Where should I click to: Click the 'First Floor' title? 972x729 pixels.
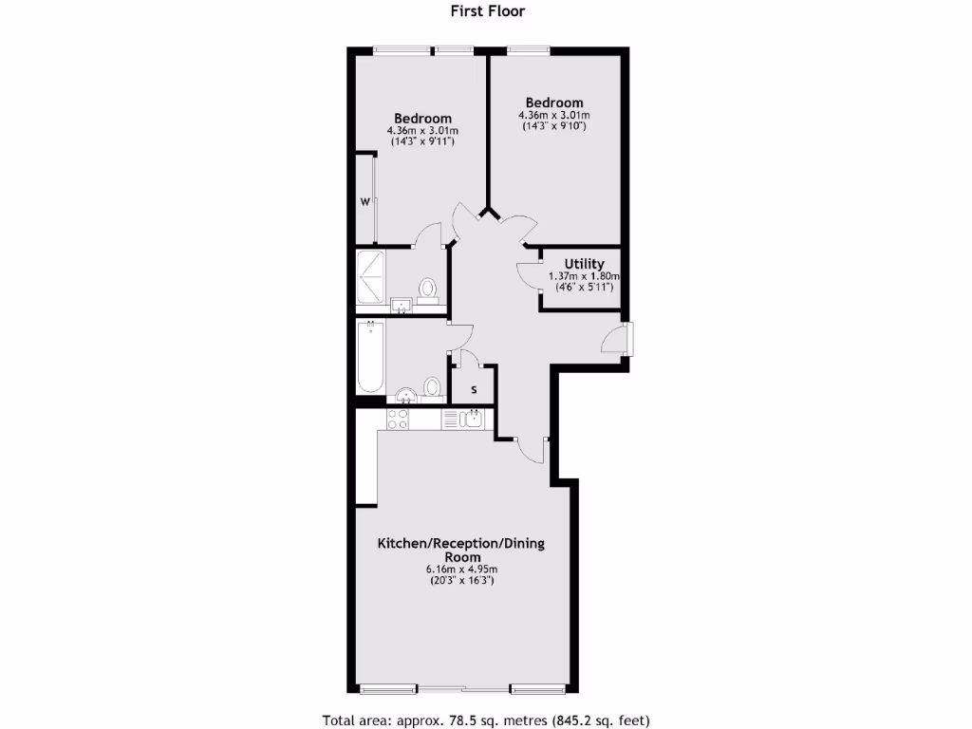(x=486, y=11)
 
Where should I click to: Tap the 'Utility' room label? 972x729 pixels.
(x=584, y=264)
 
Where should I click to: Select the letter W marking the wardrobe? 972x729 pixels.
(x=364, y=202)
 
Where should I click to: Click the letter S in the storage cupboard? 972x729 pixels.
(x=474, y=389)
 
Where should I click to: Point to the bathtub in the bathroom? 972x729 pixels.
(x=371, y=358)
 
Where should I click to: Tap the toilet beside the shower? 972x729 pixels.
(x=428, y=288)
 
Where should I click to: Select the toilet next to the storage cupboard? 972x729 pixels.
(x=433, y=386)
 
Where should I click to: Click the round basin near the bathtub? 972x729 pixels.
(x=406, y=396)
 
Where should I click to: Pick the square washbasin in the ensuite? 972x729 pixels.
(x=401, y=305)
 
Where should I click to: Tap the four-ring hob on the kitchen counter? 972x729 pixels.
(x=398, y=419)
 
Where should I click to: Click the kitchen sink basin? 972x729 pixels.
(x=473, y=418)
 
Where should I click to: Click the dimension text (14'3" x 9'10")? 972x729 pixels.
(x=554, y=126)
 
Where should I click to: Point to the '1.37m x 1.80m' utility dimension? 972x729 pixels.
(x=584, y=276)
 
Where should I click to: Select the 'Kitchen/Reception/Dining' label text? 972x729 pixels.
(x=460, y=544)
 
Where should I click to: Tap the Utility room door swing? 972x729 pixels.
(x=528, y=272)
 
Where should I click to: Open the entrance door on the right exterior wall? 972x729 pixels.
(x=615, y=339)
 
